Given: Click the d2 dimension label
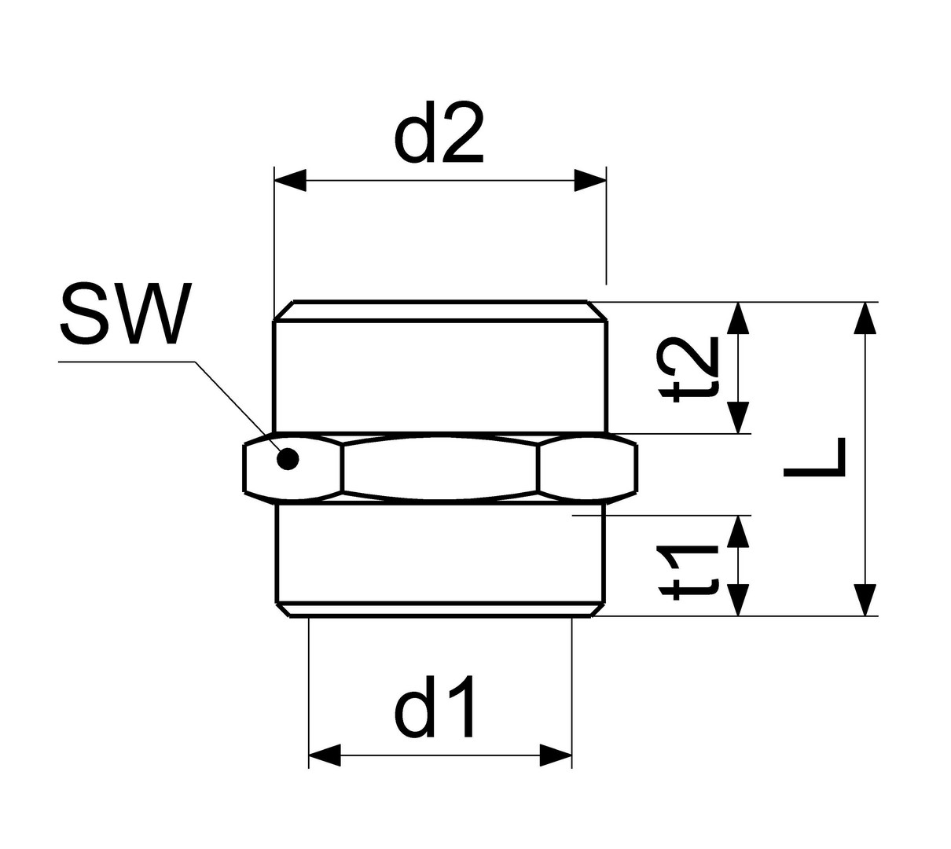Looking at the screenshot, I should coord(438,132).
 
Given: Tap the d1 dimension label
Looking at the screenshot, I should coord(435,706).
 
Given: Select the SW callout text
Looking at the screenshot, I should coord(126,313).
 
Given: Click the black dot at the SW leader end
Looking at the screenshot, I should coord(288,458).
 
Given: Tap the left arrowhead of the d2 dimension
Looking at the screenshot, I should coord(289,181).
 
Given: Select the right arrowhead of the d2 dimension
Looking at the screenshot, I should coord(591,181).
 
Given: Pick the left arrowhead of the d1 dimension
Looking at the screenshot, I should coord(325,755).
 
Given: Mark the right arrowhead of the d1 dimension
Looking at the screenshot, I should coord(556,755).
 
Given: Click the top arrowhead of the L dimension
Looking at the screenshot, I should coord(865,318).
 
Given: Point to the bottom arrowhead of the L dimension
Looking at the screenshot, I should coord(865,601).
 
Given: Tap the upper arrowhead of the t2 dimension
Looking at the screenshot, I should coord(737,318).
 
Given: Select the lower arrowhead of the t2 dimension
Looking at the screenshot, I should coord(737,417).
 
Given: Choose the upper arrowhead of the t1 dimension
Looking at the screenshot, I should coord(737,531).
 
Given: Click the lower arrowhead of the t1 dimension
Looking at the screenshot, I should coord(737,600).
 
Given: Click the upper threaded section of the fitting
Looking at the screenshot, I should coord(440,376).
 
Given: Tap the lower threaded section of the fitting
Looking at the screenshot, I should coord(440,553).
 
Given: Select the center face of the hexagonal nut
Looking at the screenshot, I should coord(440,469).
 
